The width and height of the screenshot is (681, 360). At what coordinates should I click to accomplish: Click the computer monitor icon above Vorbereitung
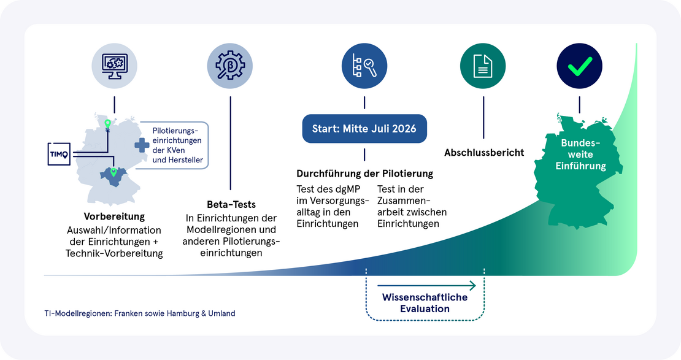pyautogui.click(x=114, y=66)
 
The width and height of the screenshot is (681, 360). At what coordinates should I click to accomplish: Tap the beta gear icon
pyautogui.click(x=230, y=66)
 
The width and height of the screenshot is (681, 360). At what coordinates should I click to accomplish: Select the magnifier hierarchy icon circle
pyautogui.click(x=364, y=66)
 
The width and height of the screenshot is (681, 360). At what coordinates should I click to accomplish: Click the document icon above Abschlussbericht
pyautogui.click(x=483, y=66)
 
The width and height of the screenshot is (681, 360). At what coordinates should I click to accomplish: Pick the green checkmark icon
pyautogui.click(x=580, y=66)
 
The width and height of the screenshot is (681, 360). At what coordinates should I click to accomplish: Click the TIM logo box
pyautogui.click(x=59, y=154)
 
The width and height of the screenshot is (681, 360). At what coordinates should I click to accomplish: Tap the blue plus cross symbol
pyautogui.click(x=142, y=145)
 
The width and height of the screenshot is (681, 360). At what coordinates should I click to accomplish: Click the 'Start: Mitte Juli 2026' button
pyautogui.click(x=364, y=129)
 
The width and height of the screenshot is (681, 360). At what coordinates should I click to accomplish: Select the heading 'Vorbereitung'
pyautogui.click(x=114, y=216)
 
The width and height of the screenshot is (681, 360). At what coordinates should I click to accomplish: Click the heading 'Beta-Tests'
pyautogui.click(x=231, y=204)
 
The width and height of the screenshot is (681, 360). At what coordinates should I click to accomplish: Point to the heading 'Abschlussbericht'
pyautogui.click(x=484, y=153)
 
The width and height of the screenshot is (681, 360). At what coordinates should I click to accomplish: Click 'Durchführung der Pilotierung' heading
pyautogui.click(x=365, y=174)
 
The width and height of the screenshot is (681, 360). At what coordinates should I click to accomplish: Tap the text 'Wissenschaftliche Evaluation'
pyautogui.click(x=425, y=303)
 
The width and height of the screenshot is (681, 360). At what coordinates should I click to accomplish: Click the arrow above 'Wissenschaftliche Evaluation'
pyautogui.click(x=426, y=285)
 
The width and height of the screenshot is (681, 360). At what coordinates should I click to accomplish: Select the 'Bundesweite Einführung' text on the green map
pyautogui.click(x=580, y=154)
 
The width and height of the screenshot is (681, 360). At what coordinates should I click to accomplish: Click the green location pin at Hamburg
pyautogui.click(x=108, y=124)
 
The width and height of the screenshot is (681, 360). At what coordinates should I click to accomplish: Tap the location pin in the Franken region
pyautogui.click(x=113, y=172)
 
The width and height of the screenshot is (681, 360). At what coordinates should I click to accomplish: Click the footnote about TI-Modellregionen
pyautogui.click(x=140, y=313)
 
